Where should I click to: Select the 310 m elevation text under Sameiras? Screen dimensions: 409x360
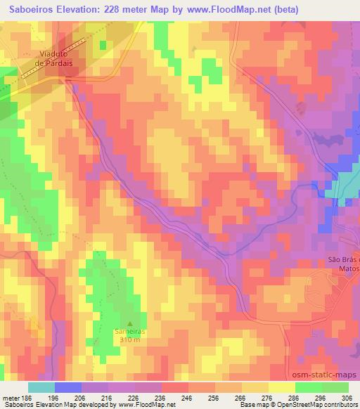tap(128, 339)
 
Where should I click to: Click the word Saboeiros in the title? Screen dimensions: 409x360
tap(31, 10)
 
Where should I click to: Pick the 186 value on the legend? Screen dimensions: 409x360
tap(26, 397)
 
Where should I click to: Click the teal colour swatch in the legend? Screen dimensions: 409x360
tap(41, 387)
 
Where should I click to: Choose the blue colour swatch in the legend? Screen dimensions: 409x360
tap(67, 387)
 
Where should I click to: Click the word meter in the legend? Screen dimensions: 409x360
tap(9, 397)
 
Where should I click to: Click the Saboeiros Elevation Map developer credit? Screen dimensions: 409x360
tap(88, 405)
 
